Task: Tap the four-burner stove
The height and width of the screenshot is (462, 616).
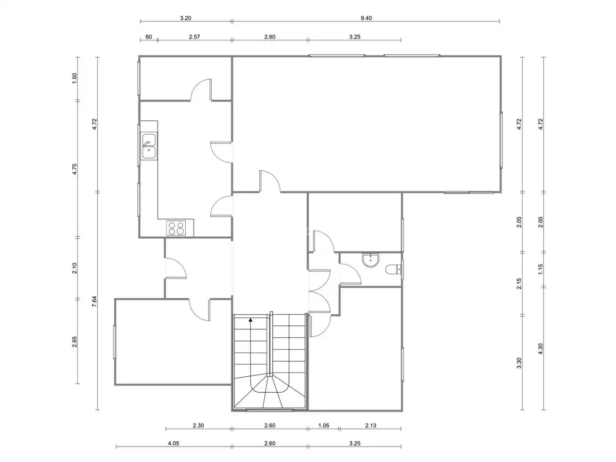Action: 176,228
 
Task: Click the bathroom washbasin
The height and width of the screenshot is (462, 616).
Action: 371,259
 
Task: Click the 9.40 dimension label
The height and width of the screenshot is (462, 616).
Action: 366,18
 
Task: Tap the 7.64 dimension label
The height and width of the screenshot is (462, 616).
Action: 94,301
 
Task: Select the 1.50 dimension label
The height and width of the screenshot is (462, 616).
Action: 75,78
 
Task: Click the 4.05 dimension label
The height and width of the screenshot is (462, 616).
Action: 173,443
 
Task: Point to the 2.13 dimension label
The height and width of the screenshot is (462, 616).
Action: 371,425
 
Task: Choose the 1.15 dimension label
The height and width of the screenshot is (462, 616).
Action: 540,269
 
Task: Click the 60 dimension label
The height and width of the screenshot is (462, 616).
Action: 149,37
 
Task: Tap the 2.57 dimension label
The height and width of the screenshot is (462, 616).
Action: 194,37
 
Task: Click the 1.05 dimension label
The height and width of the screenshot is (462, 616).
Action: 323,425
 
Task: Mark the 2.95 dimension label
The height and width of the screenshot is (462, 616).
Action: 75,342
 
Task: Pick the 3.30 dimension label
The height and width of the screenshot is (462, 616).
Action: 519,363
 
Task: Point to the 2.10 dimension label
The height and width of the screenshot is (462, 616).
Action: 75,268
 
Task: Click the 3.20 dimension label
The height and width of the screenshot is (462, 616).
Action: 185,18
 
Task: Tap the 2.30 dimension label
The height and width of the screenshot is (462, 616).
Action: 198,425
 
